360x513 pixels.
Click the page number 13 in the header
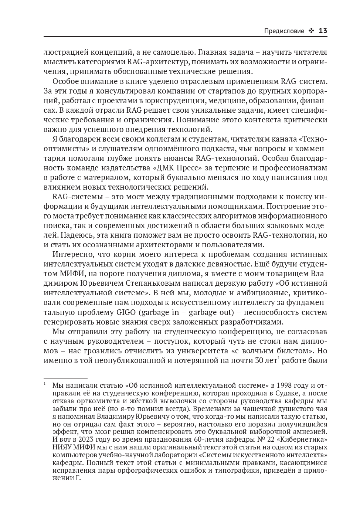click(323, 31)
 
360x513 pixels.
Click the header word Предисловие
click(284, 31)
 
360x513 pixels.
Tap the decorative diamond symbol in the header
click(311, 31)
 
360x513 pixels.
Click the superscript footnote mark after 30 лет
click(278, 357)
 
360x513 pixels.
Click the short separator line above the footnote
click(65, 378)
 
